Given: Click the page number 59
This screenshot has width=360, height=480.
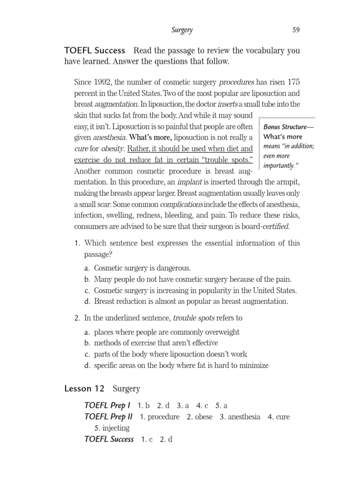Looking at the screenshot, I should (x=296, y=30).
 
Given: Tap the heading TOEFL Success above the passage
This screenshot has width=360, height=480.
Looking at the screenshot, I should (x=95, y=50).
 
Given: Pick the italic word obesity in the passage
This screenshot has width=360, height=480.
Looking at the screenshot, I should (x=111, y=149).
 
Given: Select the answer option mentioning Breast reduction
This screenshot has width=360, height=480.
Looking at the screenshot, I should (x=191, y=301).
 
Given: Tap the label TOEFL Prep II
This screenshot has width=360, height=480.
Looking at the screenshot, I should (x=108, y=417).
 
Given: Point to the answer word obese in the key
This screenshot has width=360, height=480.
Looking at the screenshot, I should (x=203, y=417).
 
